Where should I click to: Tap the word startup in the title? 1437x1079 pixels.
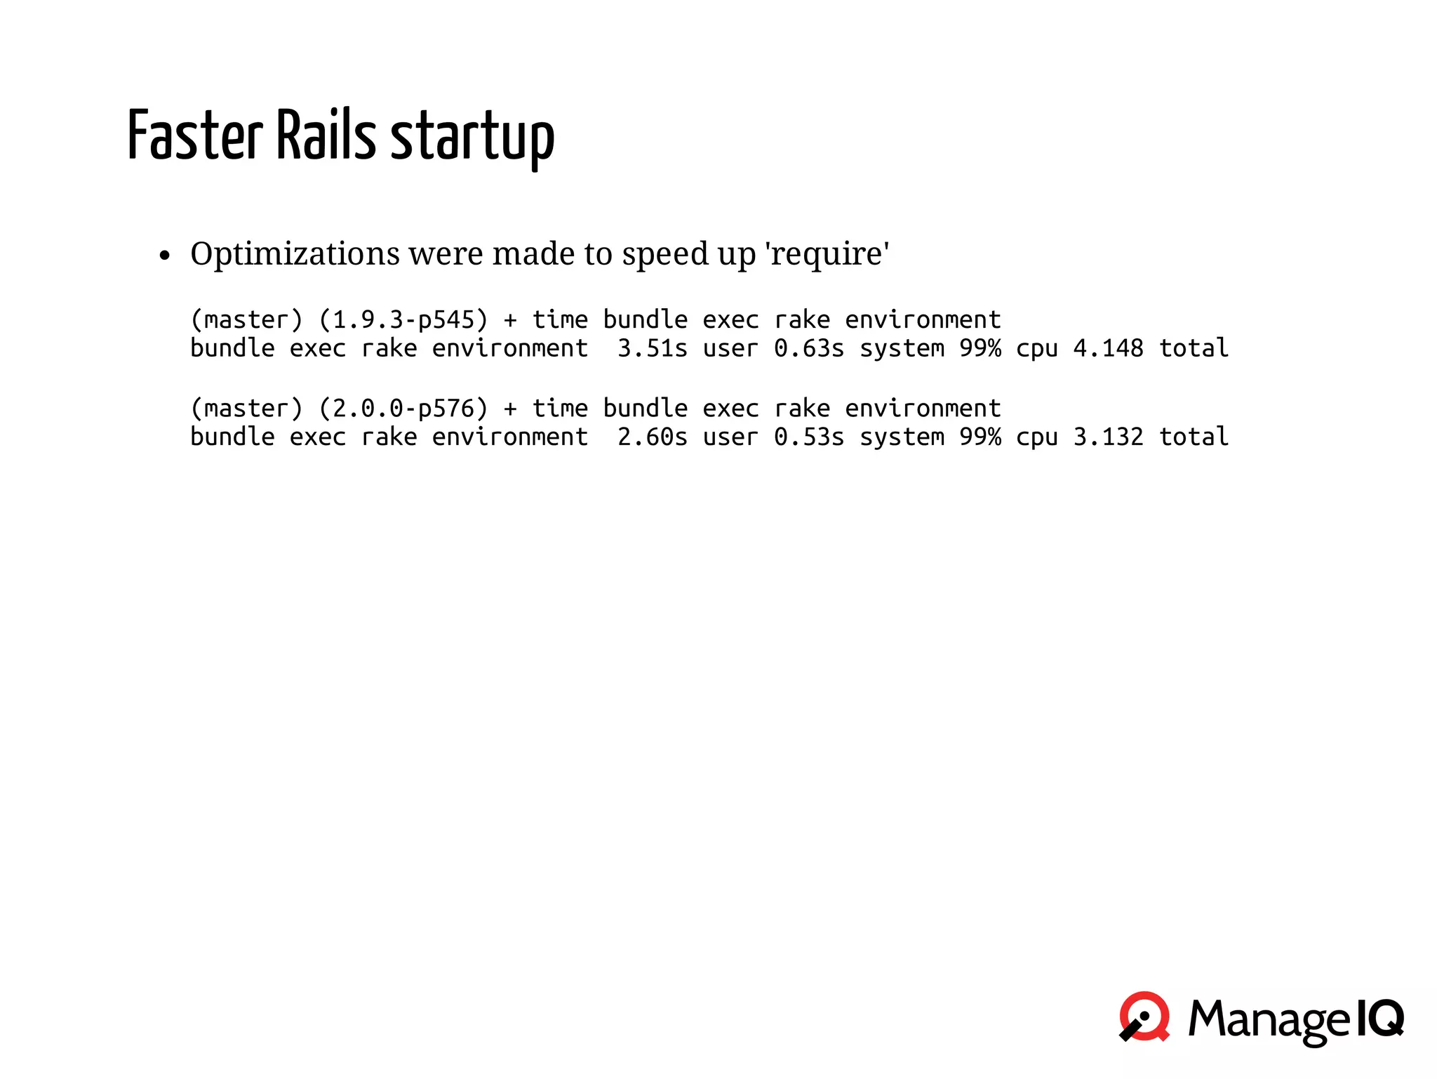(x=472, y=138)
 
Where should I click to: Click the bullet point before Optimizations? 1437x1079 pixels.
(x=165, y=256)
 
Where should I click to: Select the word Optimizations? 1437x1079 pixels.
(x=295, y=253)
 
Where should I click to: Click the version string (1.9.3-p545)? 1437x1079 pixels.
(x=403, y=320)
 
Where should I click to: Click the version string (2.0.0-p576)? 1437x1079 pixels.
(x=403, y=409)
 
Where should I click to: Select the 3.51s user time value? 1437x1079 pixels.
(x=652, y=349)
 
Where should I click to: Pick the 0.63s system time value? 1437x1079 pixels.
(x=808, y=349)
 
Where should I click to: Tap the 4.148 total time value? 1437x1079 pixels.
(x=1108, y=349)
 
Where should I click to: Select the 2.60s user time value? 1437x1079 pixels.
(x=652, y=437)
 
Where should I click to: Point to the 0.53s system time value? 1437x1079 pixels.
(x=808, y=437)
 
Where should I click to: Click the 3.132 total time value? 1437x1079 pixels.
(x=1108, y=437)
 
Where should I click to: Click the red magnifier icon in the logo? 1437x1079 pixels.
(x=1144, y=1017)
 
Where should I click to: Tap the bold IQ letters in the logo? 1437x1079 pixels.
(x=1379, y=1018)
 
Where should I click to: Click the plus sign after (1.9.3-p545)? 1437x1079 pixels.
(x=510, y=321)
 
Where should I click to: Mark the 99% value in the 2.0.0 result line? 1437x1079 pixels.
(x=980, y=437)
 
